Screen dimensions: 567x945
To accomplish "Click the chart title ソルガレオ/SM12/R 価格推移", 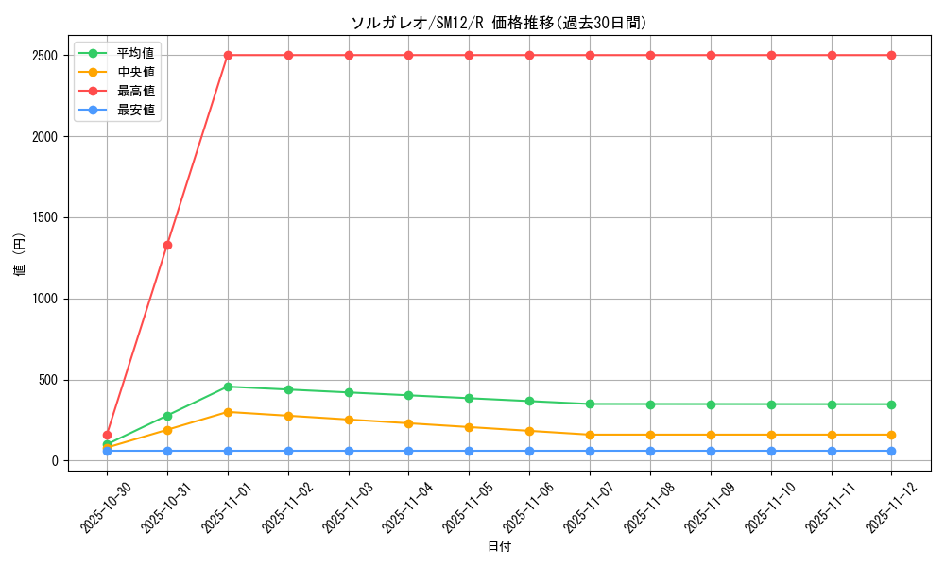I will (x=499, y=23).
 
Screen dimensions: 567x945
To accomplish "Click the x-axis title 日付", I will (x=499, y=547).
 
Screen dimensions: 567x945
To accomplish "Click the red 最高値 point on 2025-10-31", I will (x=167, y=245).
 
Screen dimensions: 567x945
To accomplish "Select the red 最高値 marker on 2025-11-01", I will (x=228, y=55).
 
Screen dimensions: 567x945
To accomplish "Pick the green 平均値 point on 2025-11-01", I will (x=228, y=387).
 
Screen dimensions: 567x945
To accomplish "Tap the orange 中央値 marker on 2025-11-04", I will (x=408, y=423).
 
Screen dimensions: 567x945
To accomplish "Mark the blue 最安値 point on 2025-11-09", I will (x=711, y=451).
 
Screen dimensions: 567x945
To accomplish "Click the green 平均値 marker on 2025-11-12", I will (x=891, y=404).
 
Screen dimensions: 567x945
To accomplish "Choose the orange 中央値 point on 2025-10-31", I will (x=167, y=430).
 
